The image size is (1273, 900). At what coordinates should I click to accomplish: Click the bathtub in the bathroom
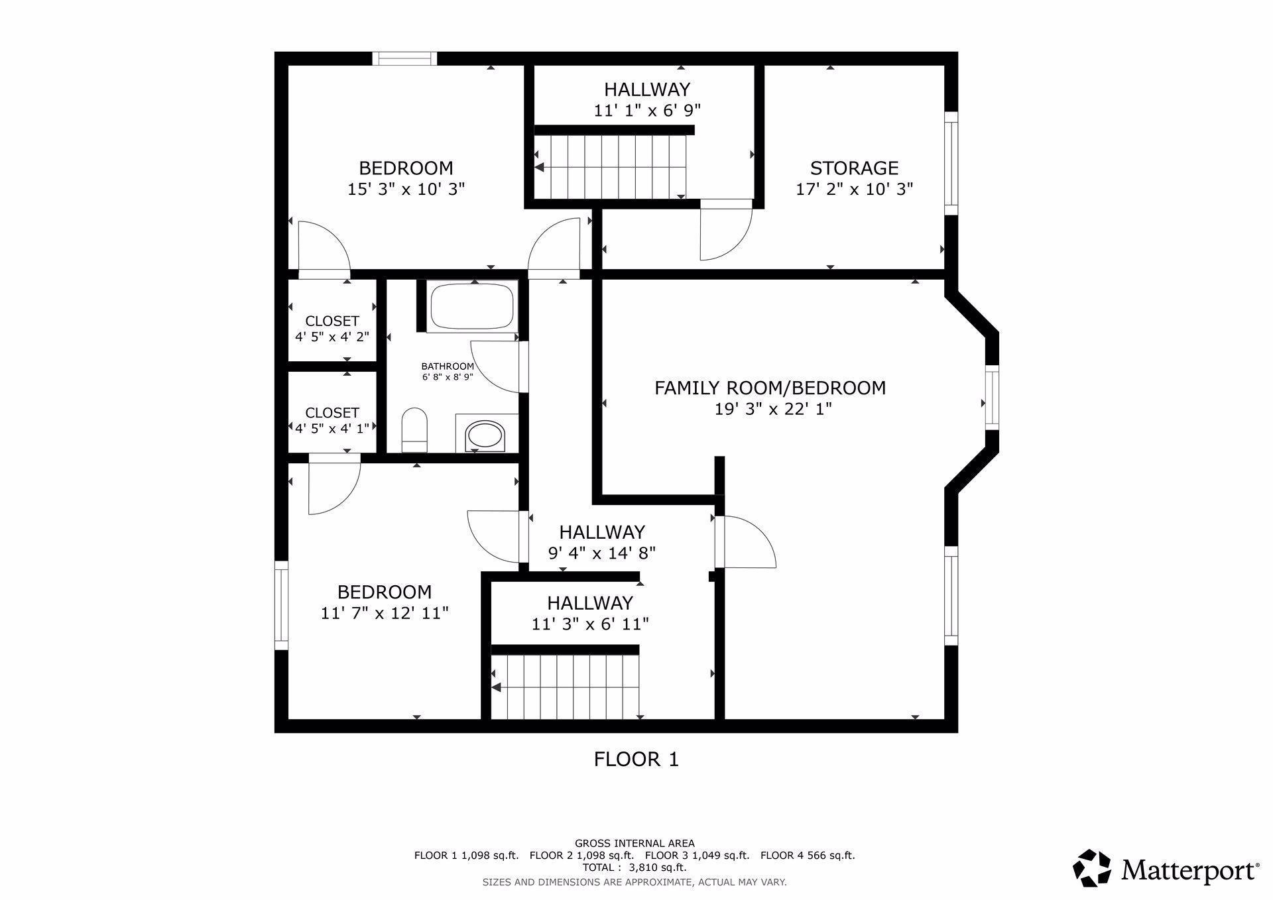coord(472,306)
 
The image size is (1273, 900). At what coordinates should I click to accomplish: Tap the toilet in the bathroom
coord(415,429)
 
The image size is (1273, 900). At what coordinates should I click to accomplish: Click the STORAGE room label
coord(854,168)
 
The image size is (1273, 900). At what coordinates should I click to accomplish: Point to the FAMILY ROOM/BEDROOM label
coord(770,388)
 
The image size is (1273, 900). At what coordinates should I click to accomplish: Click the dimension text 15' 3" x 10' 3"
coord(406,189)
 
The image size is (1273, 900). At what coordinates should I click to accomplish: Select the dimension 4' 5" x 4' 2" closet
coord(332,337)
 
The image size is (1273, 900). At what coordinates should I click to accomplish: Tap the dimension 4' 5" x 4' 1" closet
coord(332,428)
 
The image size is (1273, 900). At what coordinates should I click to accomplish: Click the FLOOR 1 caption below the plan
coord(636,759)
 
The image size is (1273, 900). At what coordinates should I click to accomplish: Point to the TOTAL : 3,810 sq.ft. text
coord(635,867)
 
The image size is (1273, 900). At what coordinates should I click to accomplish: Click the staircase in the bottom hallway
coord(566,687)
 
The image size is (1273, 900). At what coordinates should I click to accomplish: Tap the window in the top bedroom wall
coord(404,58)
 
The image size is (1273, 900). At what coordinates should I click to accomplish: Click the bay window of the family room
coord(991,398)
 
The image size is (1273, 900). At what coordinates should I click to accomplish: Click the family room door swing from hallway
coord(748,542)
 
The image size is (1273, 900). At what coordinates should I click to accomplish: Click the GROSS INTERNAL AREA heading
coord(635,843)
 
